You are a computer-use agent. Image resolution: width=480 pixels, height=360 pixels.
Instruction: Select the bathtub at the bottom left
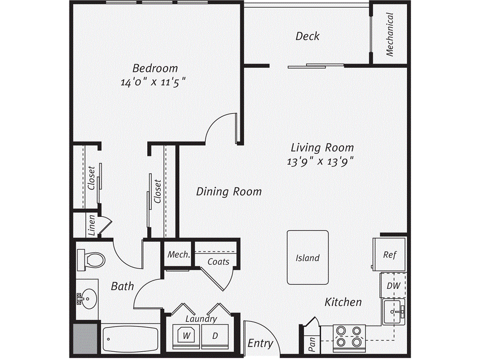click(x=131, y=339)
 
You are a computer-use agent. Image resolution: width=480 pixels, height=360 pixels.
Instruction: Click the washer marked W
click(x=186, y=336)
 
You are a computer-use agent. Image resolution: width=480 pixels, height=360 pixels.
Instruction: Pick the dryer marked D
click(x=215, y=336)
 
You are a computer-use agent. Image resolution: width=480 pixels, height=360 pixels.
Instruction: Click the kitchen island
click(x=307, y=257)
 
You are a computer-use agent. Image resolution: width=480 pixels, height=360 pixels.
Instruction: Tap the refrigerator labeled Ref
click(x=390, y=254)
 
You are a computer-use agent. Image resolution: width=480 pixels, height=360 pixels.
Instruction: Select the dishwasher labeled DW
click(x=393, y=285)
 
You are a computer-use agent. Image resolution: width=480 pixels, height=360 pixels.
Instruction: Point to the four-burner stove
click(x=349, y=337)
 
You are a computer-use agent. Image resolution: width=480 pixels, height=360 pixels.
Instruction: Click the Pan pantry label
click(x=312, y=345)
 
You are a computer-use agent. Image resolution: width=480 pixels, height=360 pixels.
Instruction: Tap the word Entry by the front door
click(x=260, y=344)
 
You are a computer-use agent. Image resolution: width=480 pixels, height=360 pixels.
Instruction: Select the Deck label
click(x=307, y=36)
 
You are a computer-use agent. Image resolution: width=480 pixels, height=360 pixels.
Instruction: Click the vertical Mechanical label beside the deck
click(x=390, y=34)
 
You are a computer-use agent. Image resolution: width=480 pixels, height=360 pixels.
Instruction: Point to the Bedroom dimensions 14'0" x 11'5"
click(x=153, y=82)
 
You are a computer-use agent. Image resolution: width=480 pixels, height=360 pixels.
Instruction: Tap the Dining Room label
click(x=229, y=192)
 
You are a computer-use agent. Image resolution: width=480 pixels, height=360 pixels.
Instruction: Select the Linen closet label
click(x=92, y=225)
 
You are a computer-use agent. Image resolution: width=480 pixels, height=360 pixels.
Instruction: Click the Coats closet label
click(x=218, y=262)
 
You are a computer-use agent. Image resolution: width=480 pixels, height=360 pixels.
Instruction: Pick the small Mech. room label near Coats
click(x=179, y=255)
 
